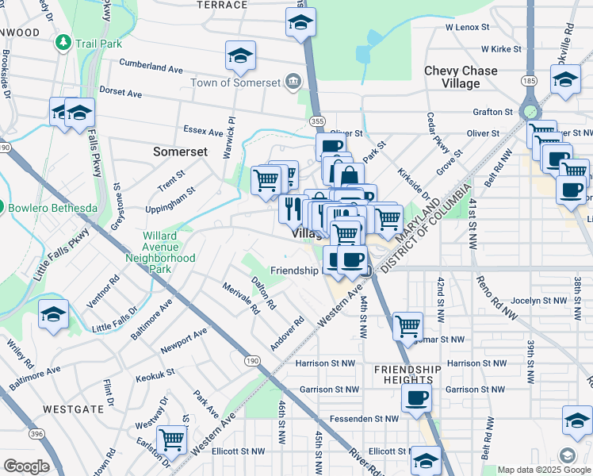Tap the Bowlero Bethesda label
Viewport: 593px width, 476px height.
coord(52,208)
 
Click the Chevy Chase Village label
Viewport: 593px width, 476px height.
coord(461,76)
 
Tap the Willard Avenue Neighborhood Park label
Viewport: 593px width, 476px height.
coord(161,252)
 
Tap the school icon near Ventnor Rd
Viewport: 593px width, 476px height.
coord(53,314)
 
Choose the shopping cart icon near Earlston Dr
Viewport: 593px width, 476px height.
coord(171,439)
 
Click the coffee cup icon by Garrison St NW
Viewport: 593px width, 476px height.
coord(417,398)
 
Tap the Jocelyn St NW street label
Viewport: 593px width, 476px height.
coord(537,301)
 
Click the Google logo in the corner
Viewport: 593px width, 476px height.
coord(26,466)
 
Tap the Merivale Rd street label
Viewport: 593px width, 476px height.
coord(241,298)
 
